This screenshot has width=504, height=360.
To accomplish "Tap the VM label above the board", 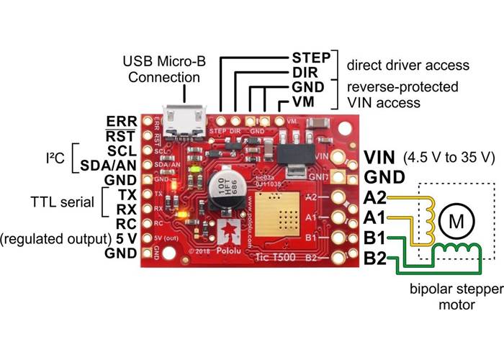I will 303,103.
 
